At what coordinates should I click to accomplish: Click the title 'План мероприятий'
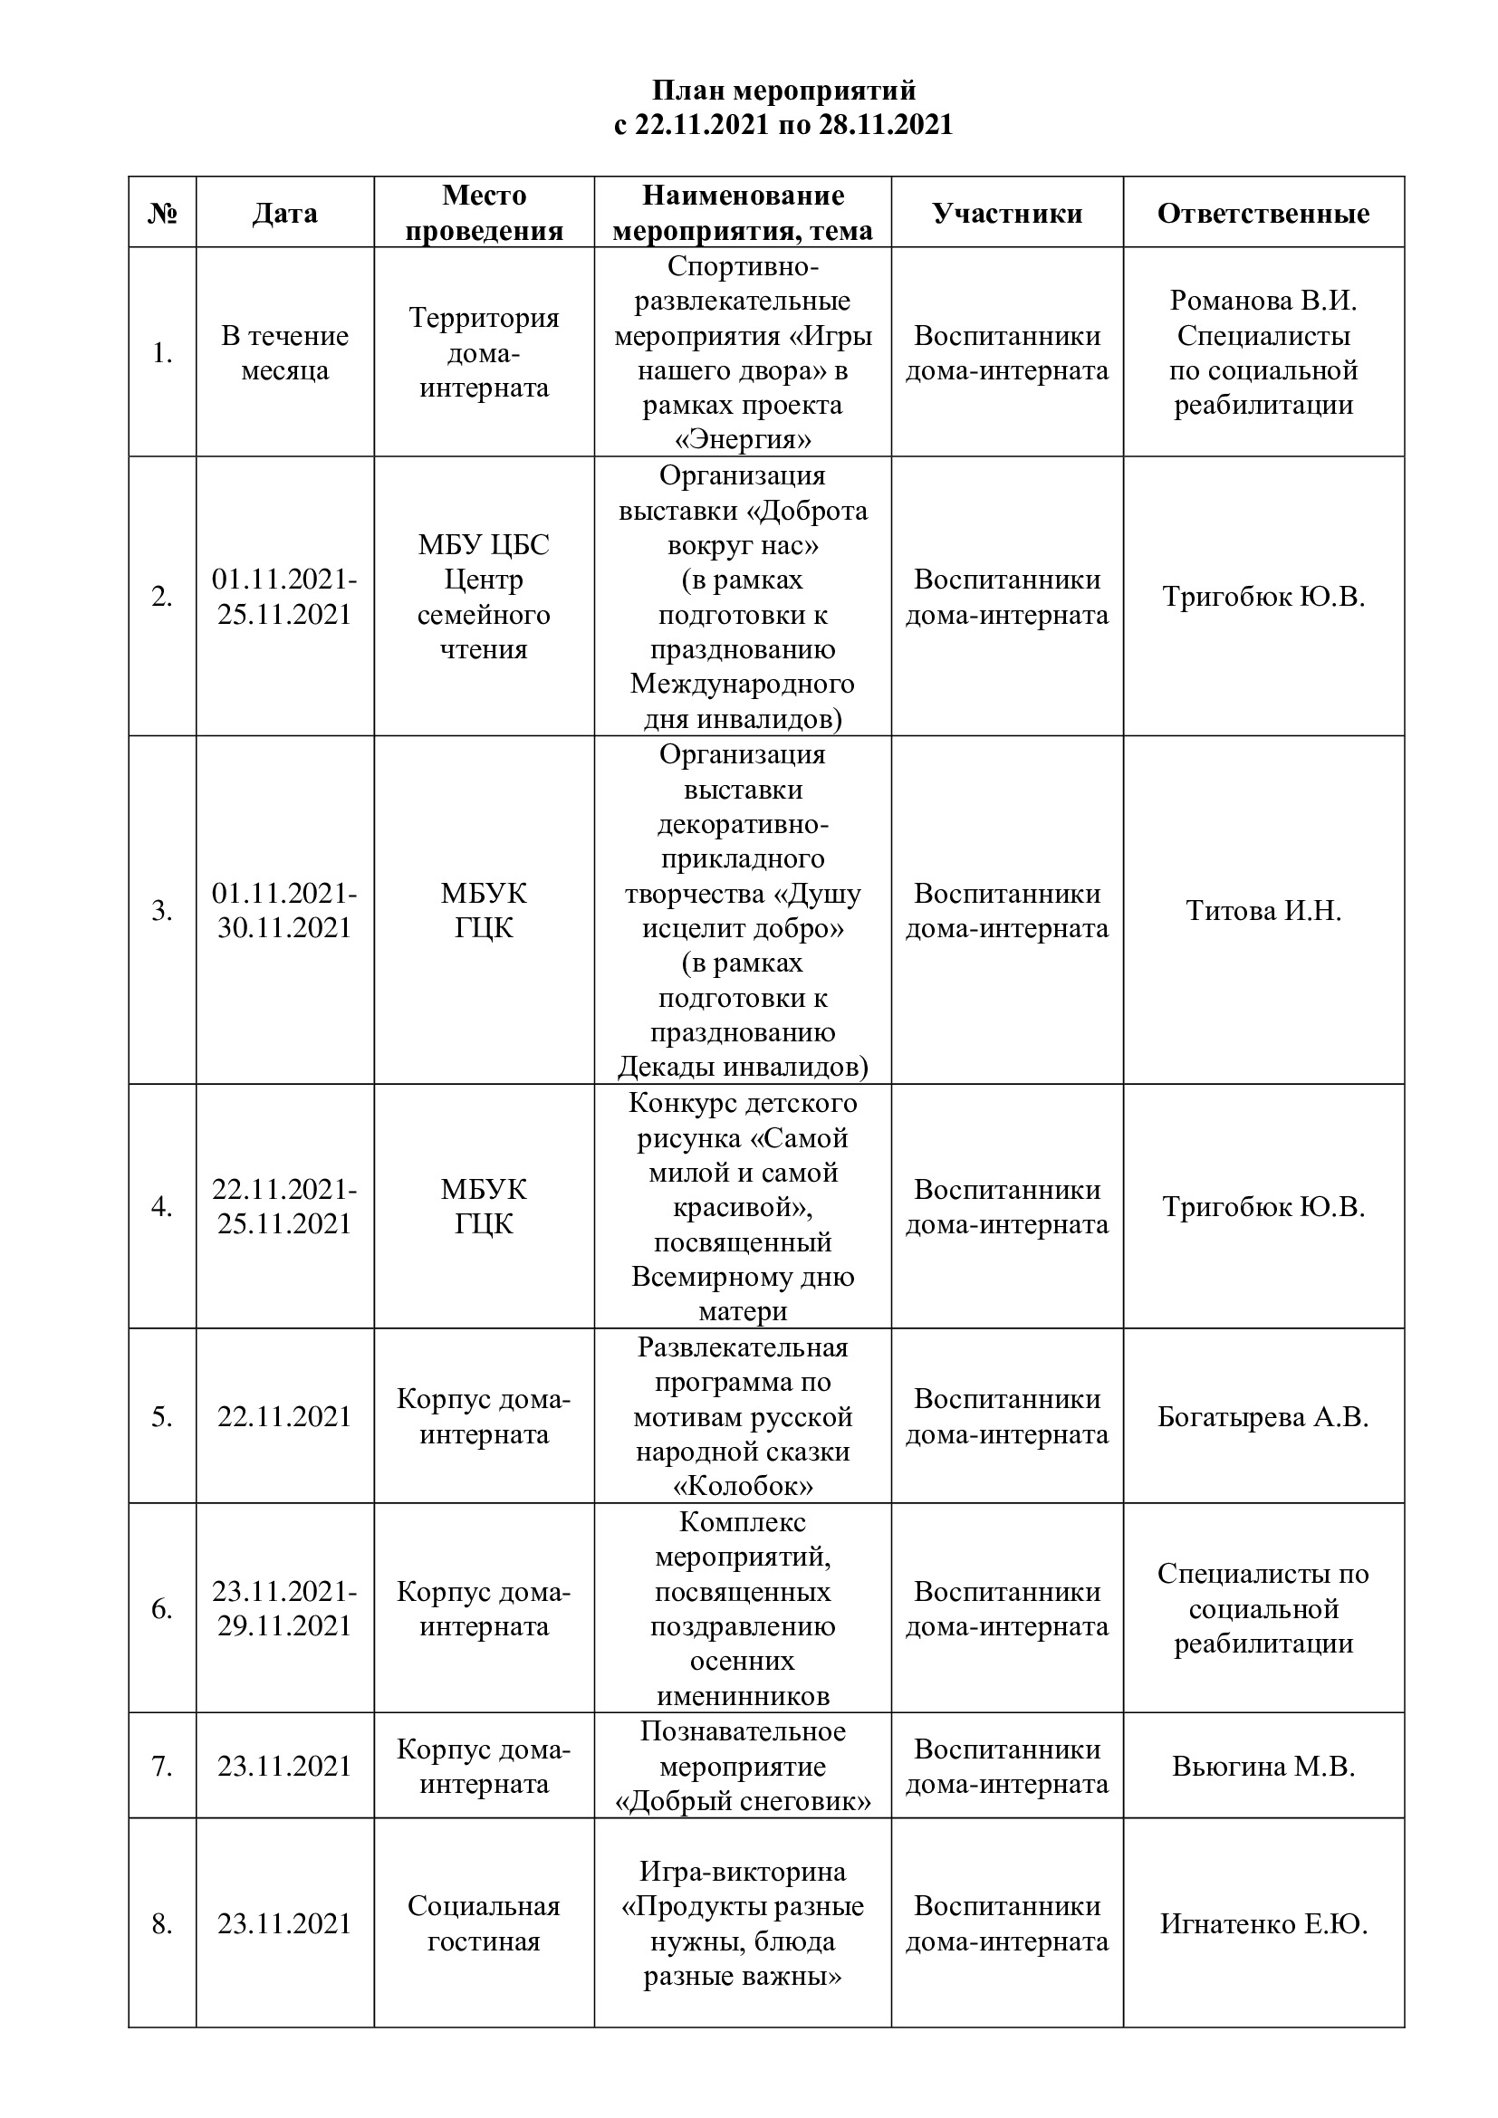coord(784,91)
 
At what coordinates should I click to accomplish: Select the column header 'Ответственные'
coord(1263,214)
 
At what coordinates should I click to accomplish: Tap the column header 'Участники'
coord(1006,214)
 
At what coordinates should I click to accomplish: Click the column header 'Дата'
coord(284,214)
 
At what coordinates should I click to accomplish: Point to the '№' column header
coord(162,214)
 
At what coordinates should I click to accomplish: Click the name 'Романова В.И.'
coord(1263,301)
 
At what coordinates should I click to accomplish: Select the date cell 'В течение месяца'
coord(284,352)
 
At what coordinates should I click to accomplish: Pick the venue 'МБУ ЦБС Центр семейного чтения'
coord(484,597)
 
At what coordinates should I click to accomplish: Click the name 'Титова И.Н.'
coord(1263,910)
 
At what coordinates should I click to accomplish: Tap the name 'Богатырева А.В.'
coord(1263,1416)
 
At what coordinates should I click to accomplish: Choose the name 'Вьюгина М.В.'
coord(1263,1766)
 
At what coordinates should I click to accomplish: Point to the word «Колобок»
coord(743,1486)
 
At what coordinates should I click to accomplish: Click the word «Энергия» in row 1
coord(743,439)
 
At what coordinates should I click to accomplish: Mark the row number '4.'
coord(162,1206)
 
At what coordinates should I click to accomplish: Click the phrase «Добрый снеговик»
coord(743,1801)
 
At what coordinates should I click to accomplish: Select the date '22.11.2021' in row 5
coord(284,1416)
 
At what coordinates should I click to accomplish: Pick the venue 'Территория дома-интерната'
coord(484,352)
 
